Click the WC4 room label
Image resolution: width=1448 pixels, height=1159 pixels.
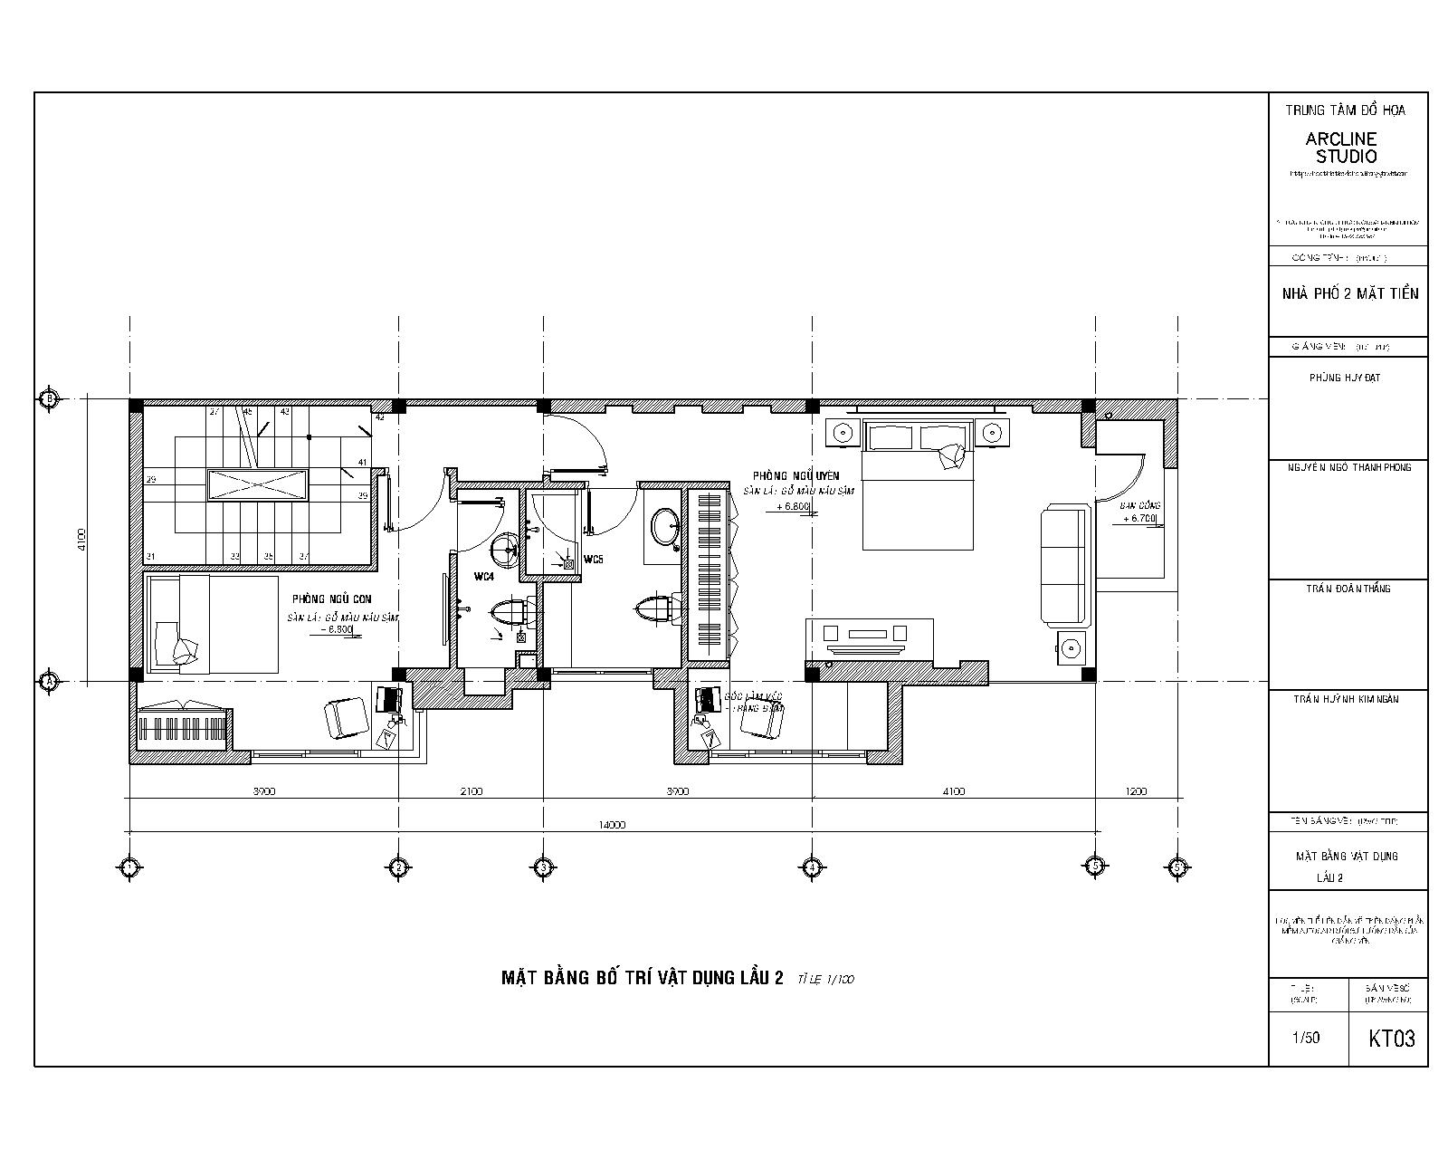(x=483, y=576)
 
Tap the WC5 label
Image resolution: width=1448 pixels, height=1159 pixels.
(x=594, y=559)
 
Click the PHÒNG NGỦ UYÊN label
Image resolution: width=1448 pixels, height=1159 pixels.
(x=795, y=476)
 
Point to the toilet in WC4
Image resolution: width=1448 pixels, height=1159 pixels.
(x=511, y=613)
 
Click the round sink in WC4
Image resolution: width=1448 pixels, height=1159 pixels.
(x=505, y=547)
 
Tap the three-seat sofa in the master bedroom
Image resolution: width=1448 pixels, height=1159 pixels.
(x=1062, y=566)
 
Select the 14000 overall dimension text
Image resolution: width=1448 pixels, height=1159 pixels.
(x=612, y=825)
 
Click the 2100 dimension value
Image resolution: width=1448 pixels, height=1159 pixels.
(x=471, y=791)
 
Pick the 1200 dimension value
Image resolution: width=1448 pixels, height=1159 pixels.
(x=1136, y=791)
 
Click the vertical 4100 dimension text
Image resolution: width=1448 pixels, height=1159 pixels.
(x=81, y=541)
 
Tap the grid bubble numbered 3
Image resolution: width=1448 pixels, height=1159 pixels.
(x=542, y=867)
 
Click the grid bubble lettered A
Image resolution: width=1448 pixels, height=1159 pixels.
(x=49, y=681)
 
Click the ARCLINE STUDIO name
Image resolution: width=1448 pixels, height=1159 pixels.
(x=1341, y=148)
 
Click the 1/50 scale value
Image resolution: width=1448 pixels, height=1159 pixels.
(x=1306, y=1038)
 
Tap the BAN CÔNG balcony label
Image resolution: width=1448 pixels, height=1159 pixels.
(x=1139, y=505)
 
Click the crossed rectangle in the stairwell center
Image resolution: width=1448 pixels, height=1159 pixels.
(x=258, y=485)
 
